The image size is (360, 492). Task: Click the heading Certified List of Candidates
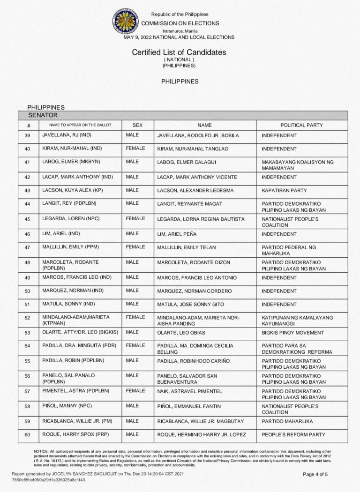pos(179,52)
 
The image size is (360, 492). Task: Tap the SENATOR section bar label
pos(43,115)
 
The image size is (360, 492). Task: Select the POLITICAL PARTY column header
pos(301,125)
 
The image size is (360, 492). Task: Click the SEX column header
pos(137,125)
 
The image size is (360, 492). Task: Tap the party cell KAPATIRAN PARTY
pos(284,190)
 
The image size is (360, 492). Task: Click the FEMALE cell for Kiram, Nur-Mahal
pos(135,149)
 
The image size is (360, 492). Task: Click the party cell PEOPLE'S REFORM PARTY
pos(293,434)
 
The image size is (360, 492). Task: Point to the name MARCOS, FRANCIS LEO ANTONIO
pos(197,278)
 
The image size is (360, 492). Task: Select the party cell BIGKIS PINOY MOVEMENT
pos(293,332)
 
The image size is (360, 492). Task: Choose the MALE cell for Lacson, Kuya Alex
pos(132,190)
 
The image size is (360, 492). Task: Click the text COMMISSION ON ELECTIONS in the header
pos(180,23)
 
